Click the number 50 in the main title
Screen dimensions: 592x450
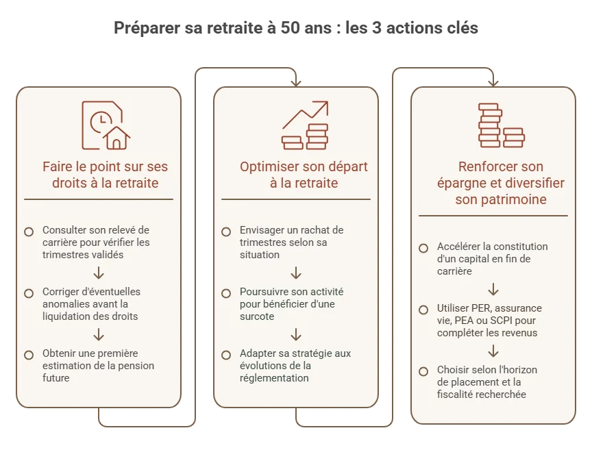point(291,28)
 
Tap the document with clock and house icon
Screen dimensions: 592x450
point(106,125)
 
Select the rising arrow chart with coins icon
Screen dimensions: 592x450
point(305,125)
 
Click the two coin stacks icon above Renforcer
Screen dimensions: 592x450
point(502,125)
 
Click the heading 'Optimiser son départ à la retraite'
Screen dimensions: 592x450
point(304,175)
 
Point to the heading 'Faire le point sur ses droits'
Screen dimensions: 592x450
point(105,175)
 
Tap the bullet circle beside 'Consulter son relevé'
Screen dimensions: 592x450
point(29,232)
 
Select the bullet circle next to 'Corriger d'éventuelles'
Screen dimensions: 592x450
point(29,293)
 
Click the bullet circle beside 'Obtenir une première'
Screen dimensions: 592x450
point(29,355)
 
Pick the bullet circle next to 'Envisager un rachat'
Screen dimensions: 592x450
point(226,232)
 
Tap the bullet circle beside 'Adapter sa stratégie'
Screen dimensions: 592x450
point(226,355)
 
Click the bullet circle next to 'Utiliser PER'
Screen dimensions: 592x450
point(423,310)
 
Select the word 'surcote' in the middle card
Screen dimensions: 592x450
point(257,316)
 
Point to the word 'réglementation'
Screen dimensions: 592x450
point(274,378)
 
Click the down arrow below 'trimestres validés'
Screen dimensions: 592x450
point(99,273)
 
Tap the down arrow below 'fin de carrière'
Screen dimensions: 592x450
point(493,290)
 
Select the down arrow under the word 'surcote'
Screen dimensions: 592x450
point(296,334)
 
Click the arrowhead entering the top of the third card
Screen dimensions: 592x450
point(493,83)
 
